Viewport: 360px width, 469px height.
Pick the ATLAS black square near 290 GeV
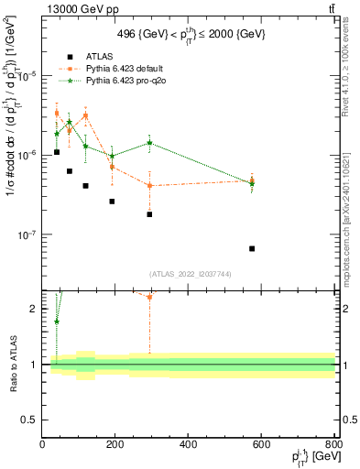pos(149,214)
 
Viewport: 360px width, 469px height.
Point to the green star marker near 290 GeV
pos(149,143)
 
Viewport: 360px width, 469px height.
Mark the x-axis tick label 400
pos(188,444)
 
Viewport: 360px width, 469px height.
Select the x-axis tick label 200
pos(115,444)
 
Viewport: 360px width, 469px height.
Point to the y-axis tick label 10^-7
pos(25,234)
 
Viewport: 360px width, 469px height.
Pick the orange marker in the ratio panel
pos(149,297)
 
